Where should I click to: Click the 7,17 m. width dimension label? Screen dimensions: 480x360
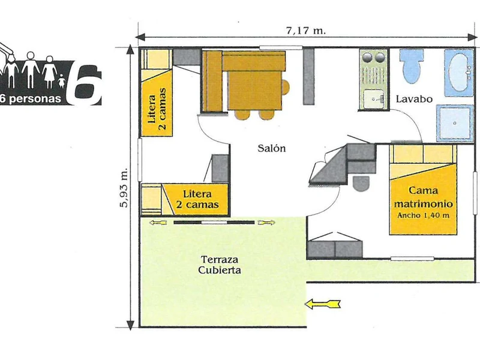click(306, 31)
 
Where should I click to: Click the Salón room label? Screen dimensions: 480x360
click(272, 148)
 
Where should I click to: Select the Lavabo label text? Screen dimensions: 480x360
click(414, 99)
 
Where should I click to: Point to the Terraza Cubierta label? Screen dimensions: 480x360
click(219, 265)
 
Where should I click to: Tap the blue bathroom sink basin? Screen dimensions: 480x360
click(459, 73)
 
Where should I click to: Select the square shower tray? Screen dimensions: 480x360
click(455, 123)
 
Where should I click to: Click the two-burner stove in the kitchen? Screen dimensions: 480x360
click(372, 57)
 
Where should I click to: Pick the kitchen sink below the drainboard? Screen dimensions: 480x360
click(373, 98)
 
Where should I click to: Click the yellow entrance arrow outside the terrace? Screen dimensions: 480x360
click(323, 304)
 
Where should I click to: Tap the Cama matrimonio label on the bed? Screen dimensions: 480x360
click(424, 197)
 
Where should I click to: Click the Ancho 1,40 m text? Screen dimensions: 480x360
click(424, 215)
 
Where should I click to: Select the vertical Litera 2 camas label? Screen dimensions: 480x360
click(157, 109)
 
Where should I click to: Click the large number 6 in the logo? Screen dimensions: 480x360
click(84, 84)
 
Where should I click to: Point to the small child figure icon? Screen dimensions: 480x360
click(62, 81)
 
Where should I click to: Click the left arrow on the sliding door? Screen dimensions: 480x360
click(158, 223)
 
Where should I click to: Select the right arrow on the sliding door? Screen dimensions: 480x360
click(266, 223)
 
